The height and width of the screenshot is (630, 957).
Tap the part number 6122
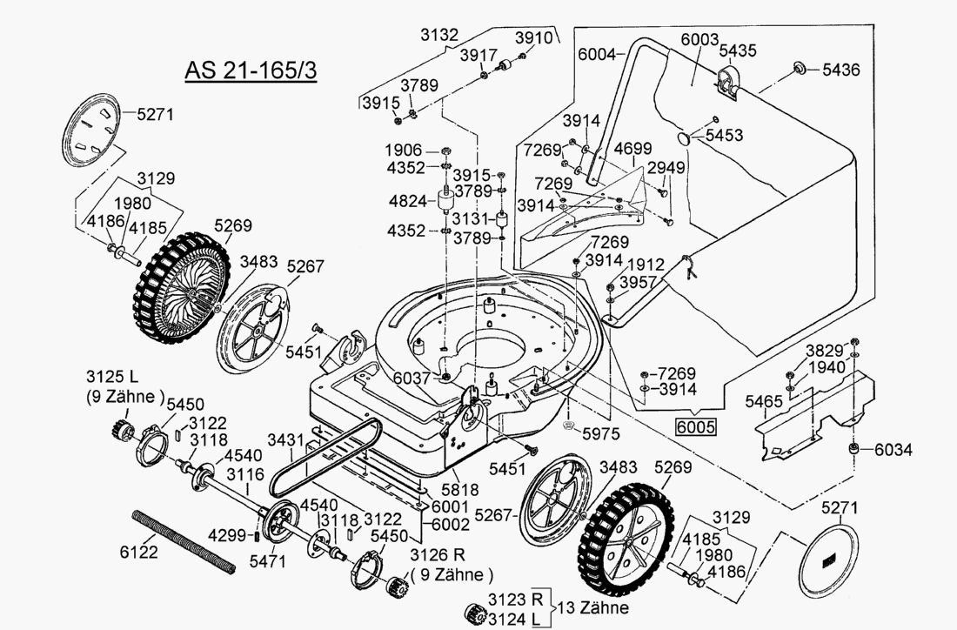(139, 553)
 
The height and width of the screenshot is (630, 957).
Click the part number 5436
(840, 70)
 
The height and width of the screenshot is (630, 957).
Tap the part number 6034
(893, 450)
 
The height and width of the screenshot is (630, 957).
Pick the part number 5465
(764, 401)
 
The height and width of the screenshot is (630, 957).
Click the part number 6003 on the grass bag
(699, 39)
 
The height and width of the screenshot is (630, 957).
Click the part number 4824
(408, 201)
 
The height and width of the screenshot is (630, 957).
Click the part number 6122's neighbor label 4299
(230, 535)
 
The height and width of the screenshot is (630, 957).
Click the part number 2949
(666, 167)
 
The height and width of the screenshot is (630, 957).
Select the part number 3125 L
(112, 377)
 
